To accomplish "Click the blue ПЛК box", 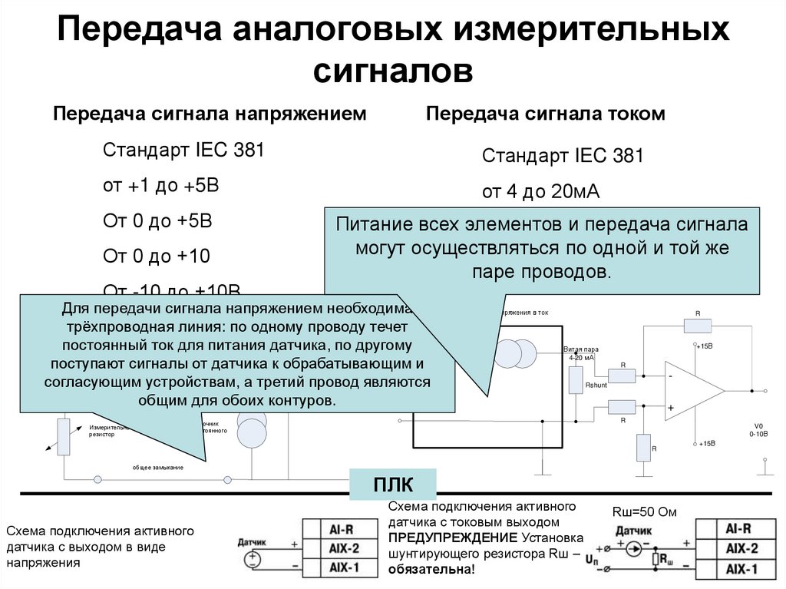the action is point(393,486).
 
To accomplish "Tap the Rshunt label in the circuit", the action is point(596,384).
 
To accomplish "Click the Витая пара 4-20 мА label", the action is point(580,353).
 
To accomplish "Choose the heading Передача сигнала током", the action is point(545,114).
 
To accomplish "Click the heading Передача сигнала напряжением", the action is point(209,114).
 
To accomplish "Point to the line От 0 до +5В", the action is point(157,221).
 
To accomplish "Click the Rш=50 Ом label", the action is point(644,511).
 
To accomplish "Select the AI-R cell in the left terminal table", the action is point(340,529).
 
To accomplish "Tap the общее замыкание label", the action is point(157,467).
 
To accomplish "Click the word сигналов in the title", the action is point(392,71).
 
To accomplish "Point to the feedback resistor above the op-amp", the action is point(698,326).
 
